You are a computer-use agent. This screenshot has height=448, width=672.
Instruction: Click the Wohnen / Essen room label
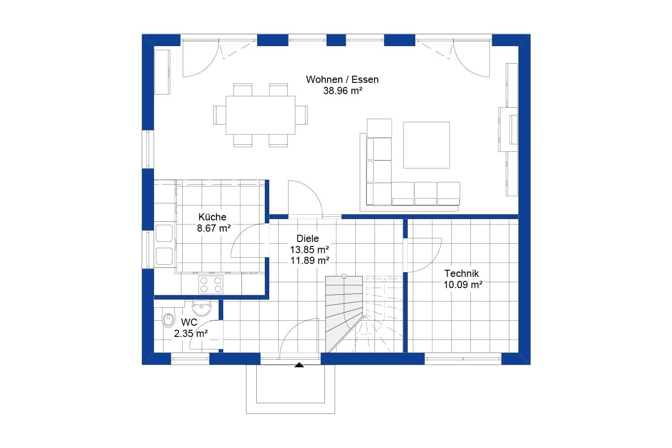342,80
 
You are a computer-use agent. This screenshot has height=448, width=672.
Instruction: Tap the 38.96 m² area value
342,91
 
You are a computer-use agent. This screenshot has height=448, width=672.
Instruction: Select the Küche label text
212,217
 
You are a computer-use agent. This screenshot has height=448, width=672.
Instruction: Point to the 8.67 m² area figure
214,228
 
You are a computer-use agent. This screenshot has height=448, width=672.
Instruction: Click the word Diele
308,239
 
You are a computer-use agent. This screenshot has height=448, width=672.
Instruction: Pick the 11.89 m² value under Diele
310,261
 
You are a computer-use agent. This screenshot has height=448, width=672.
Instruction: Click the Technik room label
461,273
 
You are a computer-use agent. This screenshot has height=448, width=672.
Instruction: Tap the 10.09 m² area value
463,284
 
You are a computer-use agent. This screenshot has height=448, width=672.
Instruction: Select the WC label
189,323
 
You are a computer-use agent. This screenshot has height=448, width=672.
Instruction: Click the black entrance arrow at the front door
299,365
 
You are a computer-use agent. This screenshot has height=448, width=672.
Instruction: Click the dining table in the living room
260,115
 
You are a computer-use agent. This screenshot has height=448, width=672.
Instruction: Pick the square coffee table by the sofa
426,145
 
